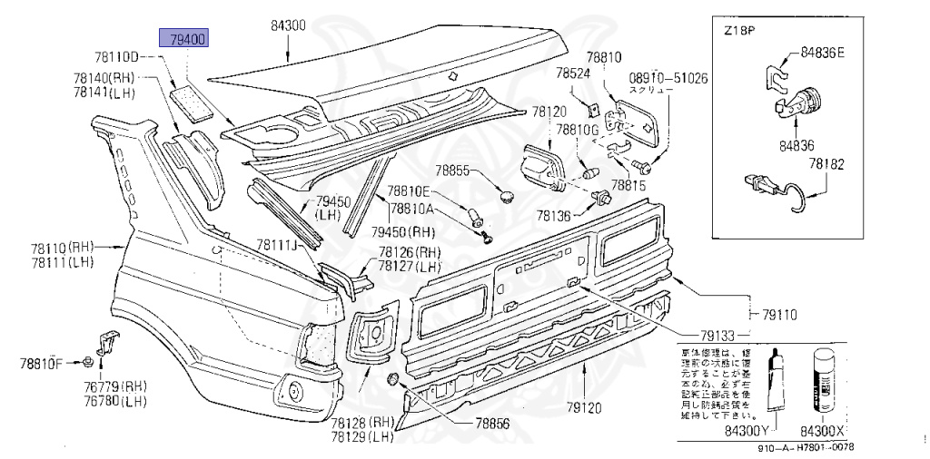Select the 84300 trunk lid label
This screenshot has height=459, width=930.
(x=288, y=26)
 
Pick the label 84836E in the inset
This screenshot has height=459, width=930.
(x=822, y=52)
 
